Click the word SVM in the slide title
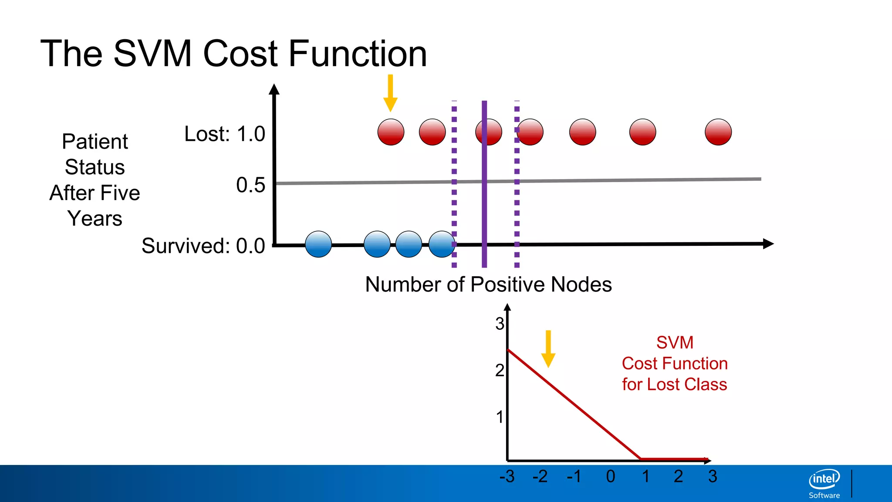pyautogui.click(x=152, y=54)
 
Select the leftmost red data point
pyautogui.click(x=391, y=132)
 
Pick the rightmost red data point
pyautogui.click(x=718, y=132)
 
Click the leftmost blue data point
pyautogui.click(x=318, y=244)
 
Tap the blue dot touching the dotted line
pyautogui.click(x=442, y=244)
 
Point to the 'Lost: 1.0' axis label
pyautogui.click(x=224, y=134)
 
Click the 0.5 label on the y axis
pyautogui.click(x=250, y=185)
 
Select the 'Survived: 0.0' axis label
pyautogui.click(x=203, y=246)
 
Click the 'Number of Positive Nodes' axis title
pyautogui.click(x=488, y=285)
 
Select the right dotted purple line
pyautogui.click(x=517, y=205)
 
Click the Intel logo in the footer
pyautogui.click(x=824, y=480)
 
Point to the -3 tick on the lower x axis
pyautogui.click(x=507, y=477)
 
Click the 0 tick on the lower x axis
pyautogui.click(x=611, y=477)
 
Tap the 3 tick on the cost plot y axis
pyautogui.click(x=500, y=324)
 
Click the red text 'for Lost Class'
pyautogui.click(x=674, y=384)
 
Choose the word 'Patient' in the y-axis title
pyautogui.click(x=95, y=142)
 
